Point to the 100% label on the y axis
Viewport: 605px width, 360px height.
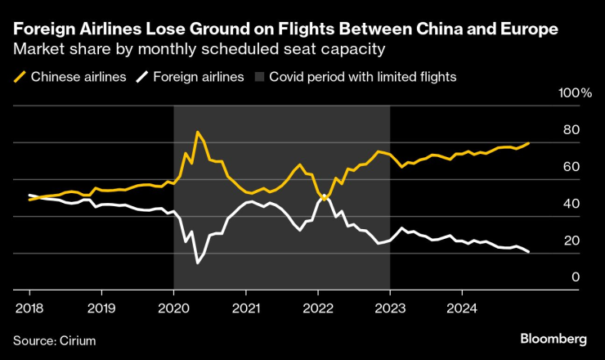[x=575, y=94]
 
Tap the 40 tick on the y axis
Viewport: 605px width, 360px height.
[x=571, y=205]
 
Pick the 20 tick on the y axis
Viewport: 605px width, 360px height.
[x=571, y=241]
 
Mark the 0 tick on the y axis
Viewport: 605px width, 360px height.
[x=576, y=278]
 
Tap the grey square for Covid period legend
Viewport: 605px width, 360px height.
[x=259, y=77]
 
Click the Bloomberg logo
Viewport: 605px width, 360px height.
[x=553, y=339]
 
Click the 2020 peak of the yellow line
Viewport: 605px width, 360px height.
[x=197, y=132]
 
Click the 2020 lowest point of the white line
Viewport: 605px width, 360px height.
[x=197, y=263]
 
